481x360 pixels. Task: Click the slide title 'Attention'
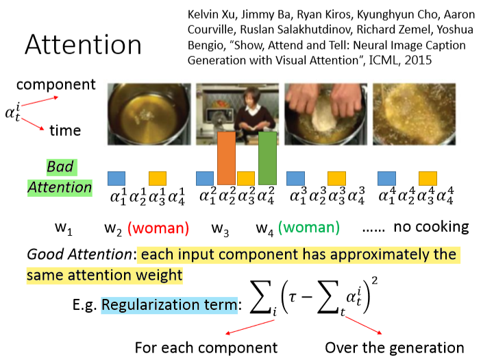click(83, 45)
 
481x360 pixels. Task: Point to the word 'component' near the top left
click(56, 85)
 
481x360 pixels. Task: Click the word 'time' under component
click(66, 130)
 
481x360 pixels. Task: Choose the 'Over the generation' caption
click(394, 346)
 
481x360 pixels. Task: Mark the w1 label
click(63, 228)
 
